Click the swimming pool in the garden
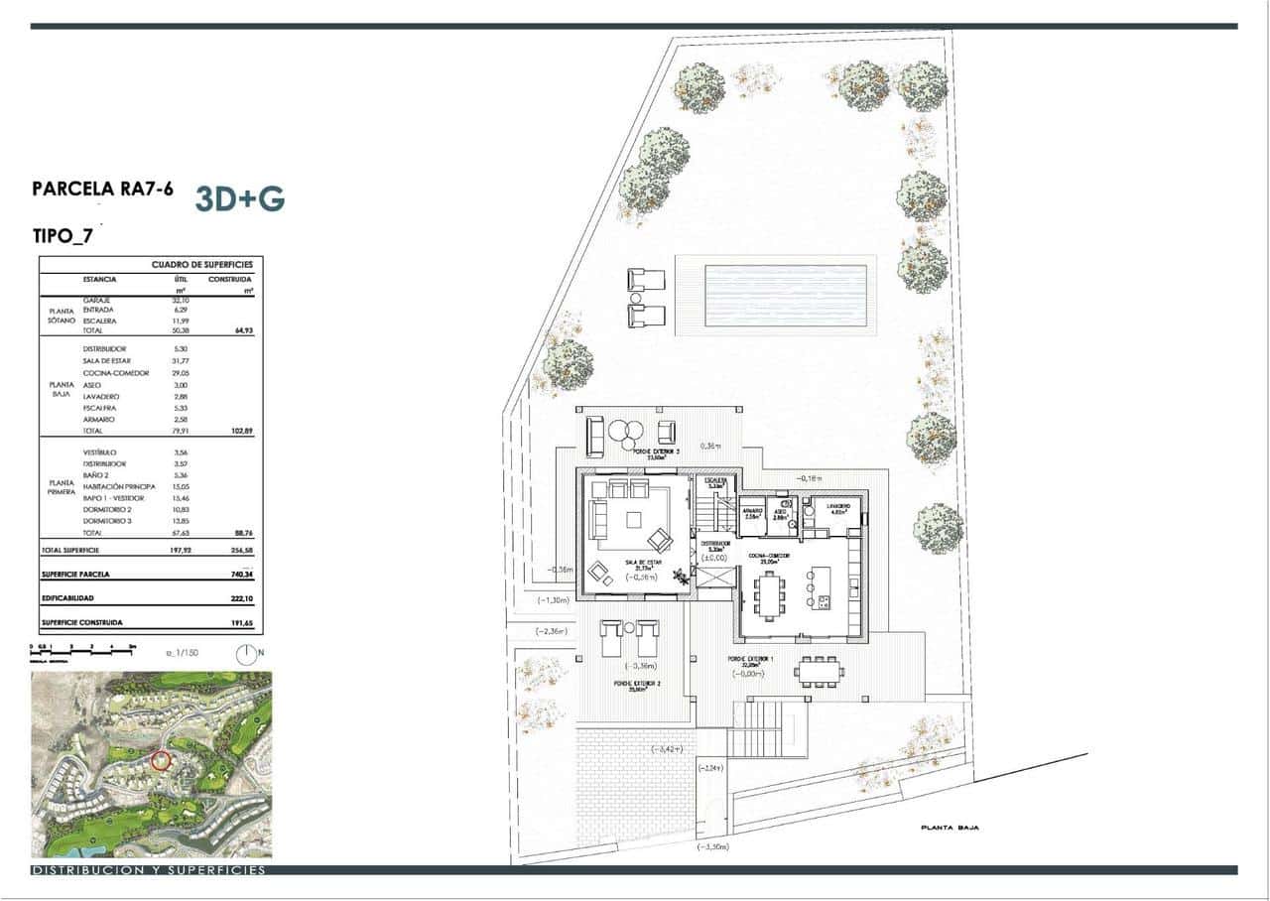pos(785,295)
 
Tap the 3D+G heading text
pos(240,199)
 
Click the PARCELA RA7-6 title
pos(103,190)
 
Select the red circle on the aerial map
pos(161,761)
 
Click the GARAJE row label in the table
pos(97,300)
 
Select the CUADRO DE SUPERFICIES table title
pos(201,265)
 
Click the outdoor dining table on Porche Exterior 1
pos(820,672)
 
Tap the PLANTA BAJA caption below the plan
pos(950,827)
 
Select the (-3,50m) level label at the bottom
pos(712,847)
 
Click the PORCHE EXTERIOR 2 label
pos(636,685)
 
